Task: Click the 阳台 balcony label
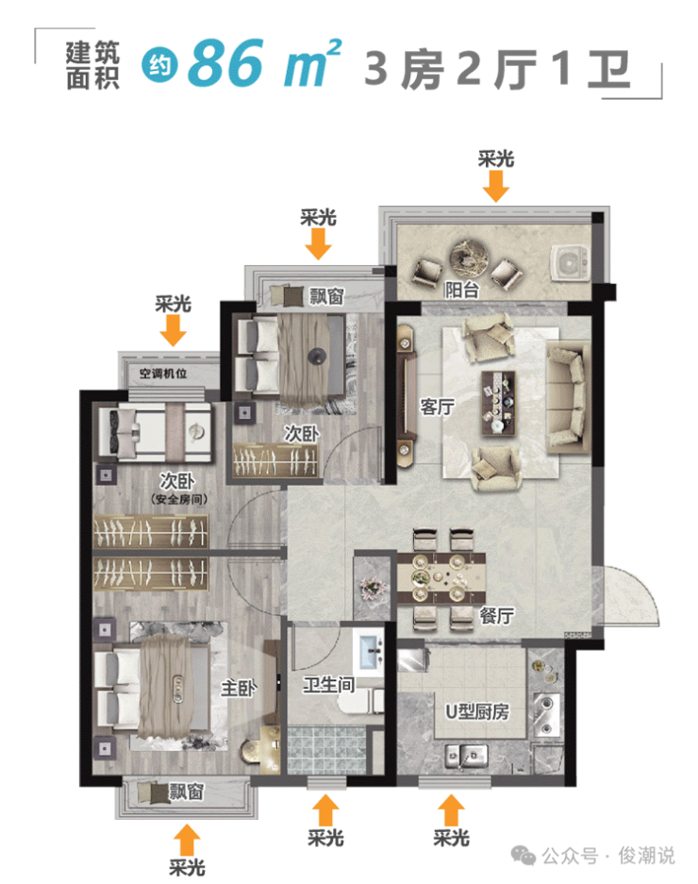pos(462,290)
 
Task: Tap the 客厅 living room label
pos(437,406)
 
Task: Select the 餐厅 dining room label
pos(497,615)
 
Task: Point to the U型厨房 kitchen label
pos(477,711)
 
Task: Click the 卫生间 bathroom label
pos(328,685)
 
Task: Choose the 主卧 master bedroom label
pos(238,688)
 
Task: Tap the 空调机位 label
pos(163,374)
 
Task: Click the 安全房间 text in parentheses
pos(179,499)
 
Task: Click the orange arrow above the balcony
pos(495,186)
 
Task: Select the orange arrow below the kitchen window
pos(451,810)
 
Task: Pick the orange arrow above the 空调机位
pos(173,330)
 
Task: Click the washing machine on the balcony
pos(570,262)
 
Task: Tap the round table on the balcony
pos(468,257)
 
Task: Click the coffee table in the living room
pos(498,403)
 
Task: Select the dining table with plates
pos(441,578)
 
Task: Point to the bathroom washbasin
pos(371,651)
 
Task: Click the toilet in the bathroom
pos(361,701)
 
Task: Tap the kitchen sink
pos(466,756)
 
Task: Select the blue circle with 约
pos(159,65)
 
